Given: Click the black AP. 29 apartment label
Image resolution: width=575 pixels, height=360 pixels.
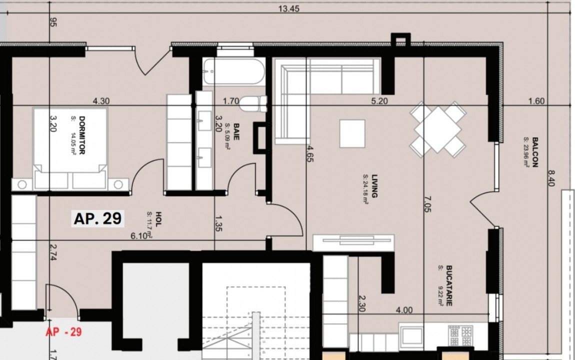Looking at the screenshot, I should pyautogui.click(x=98, y=218).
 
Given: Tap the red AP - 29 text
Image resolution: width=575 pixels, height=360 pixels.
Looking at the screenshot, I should pyautogui.click(x=63, y=332).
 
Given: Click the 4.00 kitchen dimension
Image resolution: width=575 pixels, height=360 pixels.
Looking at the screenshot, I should pyautogui.click(x=404, y=310).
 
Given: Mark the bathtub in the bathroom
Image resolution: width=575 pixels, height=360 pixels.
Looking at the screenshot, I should pyautogui.click(x=234, y=72).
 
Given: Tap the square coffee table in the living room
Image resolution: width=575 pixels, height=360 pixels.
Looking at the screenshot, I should pyautogui.click(x=352, y=133).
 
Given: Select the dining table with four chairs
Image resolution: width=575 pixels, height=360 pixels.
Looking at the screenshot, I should pyautogui.click(x=437, y=129).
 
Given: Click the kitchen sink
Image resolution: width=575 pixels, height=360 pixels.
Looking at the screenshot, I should pyautogui.click(x=411, y=336).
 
